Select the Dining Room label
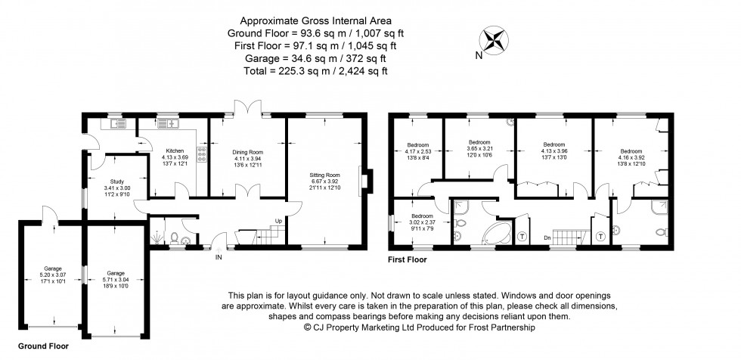246,153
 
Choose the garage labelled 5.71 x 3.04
116,278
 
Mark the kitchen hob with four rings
202,154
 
